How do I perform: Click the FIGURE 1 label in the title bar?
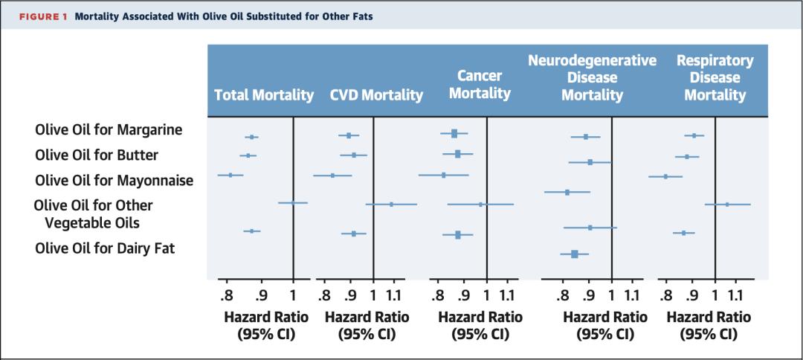[42, 16]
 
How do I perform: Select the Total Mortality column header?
[264, 95]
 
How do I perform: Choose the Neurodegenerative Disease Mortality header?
[592, 77]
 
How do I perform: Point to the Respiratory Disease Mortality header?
[715, 77]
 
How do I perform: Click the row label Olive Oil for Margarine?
[109, 130]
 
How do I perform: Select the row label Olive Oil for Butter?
[97, 155]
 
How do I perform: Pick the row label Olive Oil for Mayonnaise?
[114, 180]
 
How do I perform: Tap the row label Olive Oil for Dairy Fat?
[105, 248]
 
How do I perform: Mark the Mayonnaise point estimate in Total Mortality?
[230, 175]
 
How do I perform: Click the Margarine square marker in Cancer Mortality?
[454, 133]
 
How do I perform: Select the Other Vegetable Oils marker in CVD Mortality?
[391, 203]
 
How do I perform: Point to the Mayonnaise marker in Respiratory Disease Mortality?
[665, 176]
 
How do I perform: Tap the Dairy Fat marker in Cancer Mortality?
[458, 234]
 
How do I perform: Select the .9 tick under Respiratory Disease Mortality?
[692, 295]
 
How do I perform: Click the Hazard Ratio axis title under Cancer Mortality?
[480, 317]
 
